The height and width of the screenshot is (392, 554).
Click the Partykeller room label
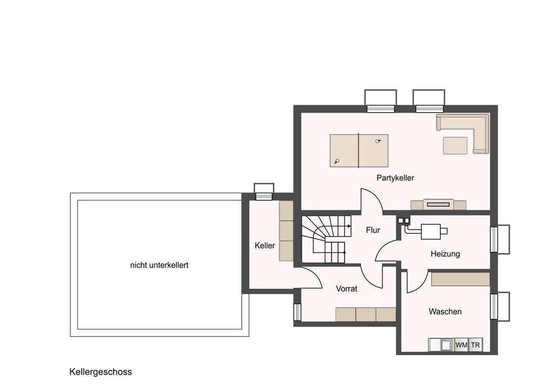point(395,178)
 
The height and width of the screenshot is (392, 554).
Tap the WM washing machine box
point(461,345)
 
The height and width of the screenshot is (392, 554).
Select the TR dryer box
point(476,345)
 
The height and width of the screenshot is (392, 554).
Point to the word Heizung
point(445,254)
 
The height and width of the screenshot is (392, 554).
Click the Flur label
point(373,230)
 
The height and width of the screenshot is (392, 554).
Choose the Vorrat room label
point(347,289)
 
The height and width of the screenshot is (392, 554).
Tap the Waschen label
point(445,312)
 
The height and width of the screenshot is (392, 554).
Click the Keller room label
point(265,245)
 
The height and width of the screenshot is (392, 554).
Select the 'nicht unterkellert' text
point(160,265)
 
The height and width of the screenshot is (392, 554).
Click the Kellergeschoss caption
point(101,372)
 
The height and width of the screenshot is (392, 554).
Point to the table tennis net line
point(359,150)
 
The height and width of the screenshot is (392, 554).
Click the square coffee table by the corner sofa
point(455,146)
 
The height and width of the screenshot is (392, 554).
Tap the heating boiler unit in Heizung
point(430,232)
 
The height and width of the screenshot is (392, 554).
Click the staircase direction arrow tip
point(350,226)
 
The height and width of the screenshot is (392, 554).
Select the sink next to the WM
point(446,345)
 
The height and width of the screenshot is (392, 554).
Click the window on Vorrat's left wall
point(297,312)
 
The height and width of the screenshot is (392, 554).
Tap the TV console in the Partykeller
point(438,205)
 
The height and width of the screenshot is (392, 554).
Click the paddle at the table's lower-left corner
point(337,161)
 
